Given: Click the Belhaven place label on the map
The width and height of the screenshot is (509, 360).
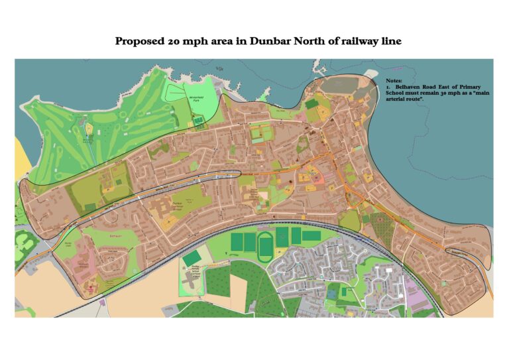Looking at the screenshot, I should click(x=94, y=234).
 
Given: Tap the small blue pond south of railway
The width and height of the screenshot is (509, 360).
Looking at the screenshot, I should click(x=331, y=291).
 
